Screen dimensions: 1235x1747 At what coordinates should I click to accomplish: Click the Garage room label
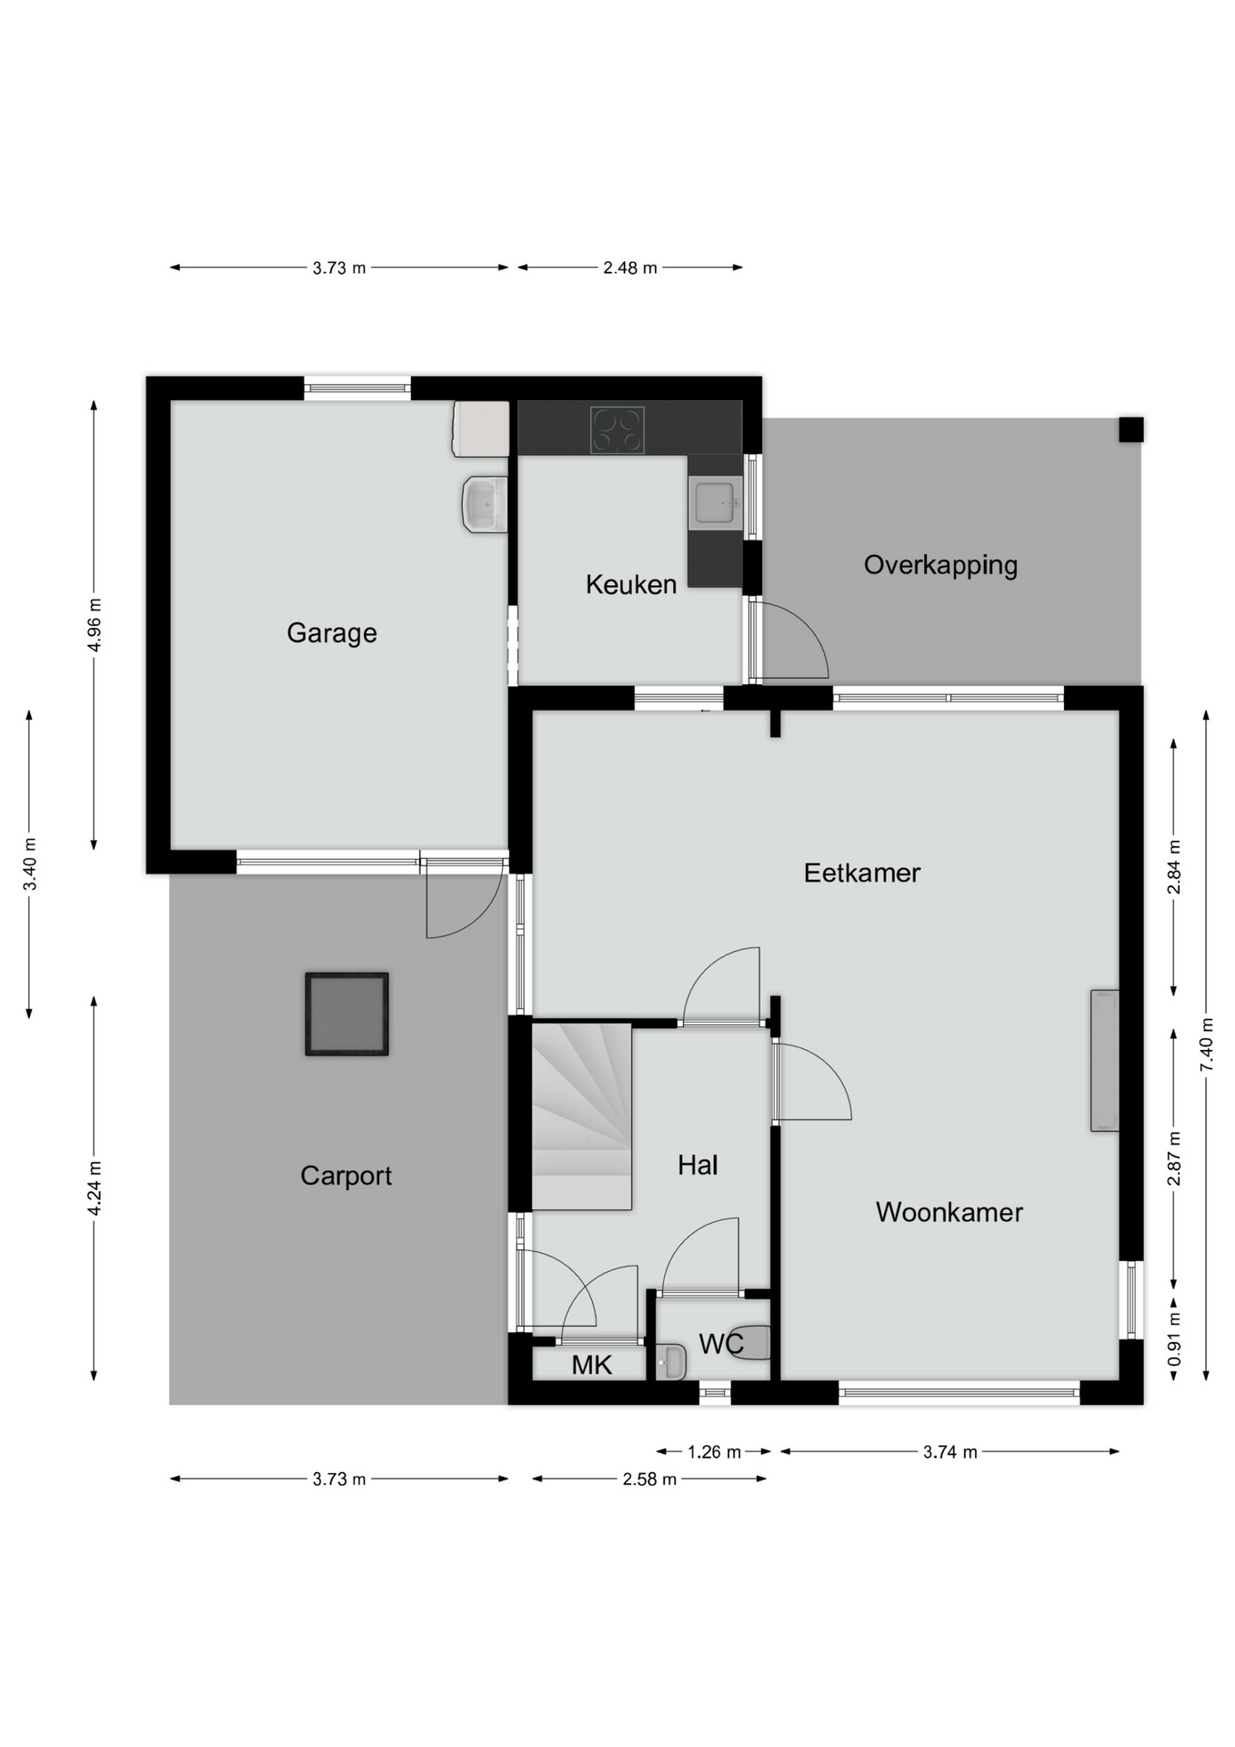pyautogui.click(x=332, y=633)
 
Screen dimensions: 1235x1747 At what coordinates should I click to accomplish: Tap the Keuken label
pyautogui.click(x=631, y=584)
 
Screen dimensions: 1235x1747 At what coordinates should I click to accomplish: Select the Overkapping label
pyautogui.click(x=940, y=565)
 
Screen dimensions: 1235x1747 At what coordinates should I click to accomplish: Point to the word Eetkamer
pyautogui.click(x=862, y=873)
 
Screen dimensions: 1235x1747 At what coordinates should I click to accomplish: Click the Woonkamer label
pyautogui.click(x=949, y=1212)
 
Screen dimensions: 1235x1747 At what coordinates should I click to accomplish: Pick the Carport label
pyautogui.click(x=346, y=1176)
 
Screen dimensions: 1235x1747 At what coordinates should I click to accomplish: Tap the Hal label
pyautogui.click(x=698, y=1165)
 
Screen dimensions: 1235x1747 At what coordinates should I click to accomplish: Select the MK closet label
pyautogui.click(x=592, y=1365)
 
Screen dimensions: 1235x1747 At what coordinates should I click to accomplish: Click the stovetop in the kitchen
pyautogui.click(x=617, y=429)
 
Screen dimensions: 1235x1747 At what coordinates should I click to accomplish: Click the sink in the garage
pyautogui.click(x=485, y=504)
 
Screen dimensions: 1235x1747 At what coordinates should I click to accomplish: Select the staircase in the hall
pyautogui.click(x=582, y=1116)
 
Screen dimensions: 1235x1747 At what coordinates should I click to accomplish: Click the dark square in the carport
pyautogui.click(x=346, y=1014)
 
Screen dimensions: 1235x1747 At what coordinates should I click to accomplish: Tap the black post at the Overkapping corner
pyautogui.click(x=1131, y=429)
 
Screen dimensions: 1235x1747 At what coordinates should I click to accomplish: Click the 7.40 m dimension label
pyautogui.click(x=1207, y=1043)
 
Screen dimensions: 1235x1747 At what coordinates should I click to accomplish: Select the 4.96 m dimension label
pyautogui.click(x=94, y=625)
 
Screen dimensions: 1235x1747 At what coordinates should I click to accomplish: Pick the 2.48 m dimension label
pyautogui.click(x=630, y=268)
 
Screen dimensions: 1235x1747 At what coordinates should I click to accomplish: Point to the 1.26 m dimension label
pyautogui.click(x=714, y=1452)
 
